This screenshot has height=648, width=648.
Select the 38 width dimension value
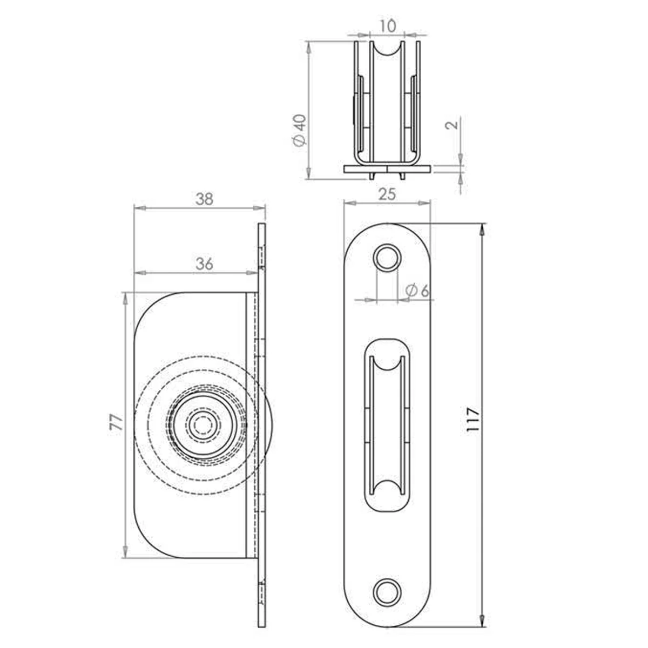204,199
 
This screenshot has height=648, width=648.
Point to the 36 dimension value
205,264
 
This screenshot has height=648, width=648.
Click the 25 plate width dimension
387,194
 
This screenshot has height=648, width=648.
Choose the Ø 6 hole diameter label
417,291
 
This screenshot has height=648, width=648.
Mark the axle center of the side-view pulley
202,425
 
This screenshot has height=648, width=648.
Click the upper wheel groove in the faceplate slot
387,363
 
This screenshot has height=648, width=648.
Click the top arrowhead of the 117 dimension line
482,229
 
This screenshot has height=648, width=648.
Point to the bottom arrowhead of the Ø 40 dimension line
308,173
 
